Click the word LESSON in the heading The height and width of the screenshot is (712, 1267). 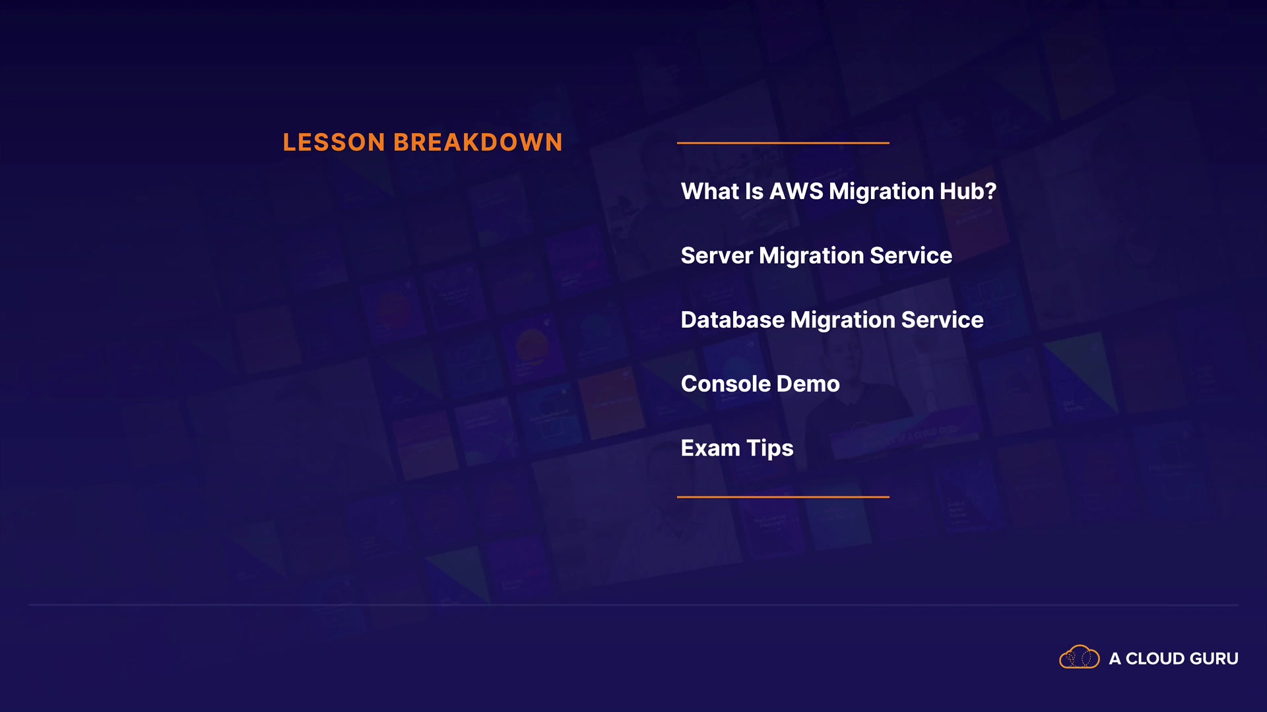tap(334, 142)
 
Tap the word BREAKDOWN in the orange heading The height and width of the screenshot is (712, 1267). tap(478, 142)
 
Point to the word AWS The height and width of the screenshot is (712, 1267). tap(796, 191)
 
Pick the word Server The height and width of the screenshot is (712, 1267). tap(717, 256)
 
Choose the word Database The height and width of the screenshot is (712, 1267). tap(732, 320)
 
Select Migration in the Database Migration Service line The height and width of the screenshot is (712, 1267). tap(843, 320)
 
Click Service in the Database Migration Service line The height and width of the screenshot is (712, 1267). tap(942, 320)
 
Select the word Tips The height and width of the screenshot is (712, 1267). tap(770, 449)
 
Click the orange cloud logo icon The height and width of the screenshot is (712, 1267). tap(1080, 657)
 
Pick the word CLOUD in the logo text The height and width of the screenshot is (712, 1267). tap(1155, 659)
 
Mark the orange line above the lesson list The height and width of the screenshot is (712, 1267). tap(783, 142)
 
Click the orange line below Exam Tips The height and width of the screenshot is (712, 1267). tap(783, 496)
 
